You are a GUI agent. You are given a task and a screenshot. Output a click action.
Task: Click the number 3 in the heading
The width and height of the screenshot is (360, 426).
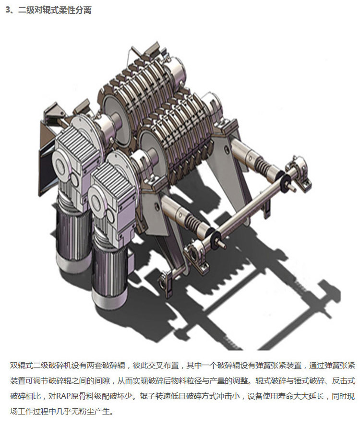coord(8,10)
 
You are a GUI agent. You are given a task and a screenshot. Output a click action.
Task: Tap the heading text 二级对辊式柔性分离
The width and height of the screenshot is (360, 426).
coord(55,10)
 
